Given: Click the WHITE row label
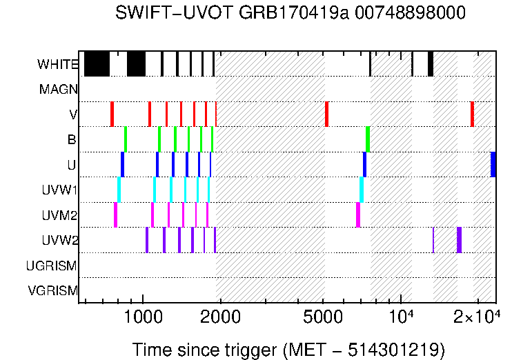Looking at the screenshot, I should tap(58, 65).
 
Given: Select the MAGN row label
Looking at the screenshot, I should tap(59, 90).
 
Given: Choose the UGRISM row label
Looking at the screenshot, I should tap(51, 266).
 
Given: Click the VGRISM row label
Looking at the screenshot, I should tap(52, 291).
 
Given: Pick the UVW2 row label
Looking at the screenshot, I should tap(59, 241).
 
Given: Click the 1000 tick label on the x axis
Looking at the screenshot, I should tap(143, 317).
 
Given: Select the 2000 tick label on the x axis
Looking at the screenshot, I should tap(220, 317).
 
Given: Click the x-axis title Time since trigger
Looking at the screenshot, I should tap(288, 349).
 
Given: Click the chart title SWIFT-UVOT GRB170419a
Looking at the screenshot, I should tap(291, 13).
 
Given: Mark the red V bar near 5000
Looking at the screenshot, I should tap(326, 114).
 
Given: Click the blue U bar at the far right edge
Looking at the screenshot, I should tap(493, 164).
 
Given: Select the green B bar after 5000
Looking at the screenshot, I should tap(368, 139).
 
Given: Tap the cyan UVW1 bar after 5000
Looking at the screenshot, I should tap(362, 190).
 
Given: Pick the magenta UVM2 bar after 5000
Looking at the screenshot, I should tap(358, 214).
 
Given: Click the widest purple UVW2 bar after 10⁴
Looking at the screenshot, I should tap(459, 240).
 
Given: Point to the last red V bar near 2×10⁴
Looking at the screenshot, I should tap(472, 114).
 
